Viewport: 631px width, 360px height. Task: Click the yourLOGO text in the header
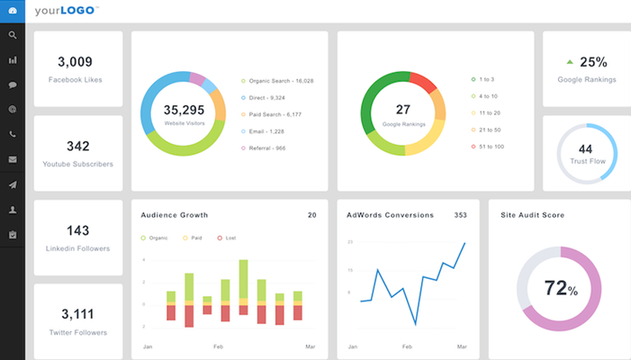pyautogui.click(x=66, y=11)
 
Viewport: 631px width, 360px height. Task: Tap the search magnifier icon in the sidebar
pyautogui.click(x=13, y=36)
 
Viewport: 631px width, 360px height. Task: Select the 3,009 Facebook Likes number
pyautogui.click(x=76, y=62)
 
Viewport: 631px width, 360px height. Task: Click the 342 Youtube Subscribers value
pyautogui.click(x=77, y=146)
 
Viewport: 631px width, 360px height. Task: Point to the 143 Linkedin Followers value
pyautogui.click(x=77, y=230)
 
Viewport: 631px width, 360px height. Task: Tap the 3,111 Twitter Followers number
pyautogui.click(x=77, y=314)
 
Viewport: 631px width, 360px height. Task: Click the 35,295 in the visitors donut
pyautogui.click(x=184, y=109)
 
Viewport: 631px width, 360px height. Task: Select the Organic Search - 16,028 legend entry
pyautogui.click(x=281, y=81)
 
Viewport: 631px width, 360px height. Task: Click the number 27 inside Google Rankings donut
pyautogui.click(x=403, y=109)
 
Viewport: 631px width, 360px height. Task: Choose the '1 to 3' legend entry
pyautogui.click(x=487, y=79)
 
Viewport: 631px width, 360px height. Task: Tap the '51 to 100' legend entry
pyautogui.click(x=491, y=146)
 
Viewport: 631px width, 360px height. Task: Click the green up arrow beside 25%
pyautogui.click(x=569, y=62)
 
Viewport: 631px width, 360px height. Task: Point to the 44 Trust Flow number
pyautogui.click(x=585, y=148)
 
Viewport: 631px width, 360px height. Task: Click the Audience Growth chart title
pyautogui.click(x=175, y=215)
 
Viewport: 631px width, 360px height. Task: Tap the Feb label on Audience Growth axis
pyautogui.click(x=218, y=346)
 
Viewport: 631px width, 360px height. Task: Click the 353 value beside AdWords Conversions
pyautogui.click(x=460, y=215)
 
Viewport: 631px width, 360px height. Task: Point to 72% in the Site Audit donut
pyautogui.click(x=560, y=288)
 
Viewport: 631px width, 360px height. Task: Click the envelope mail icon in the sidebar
pyautogui.click(x=13, y=159)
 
